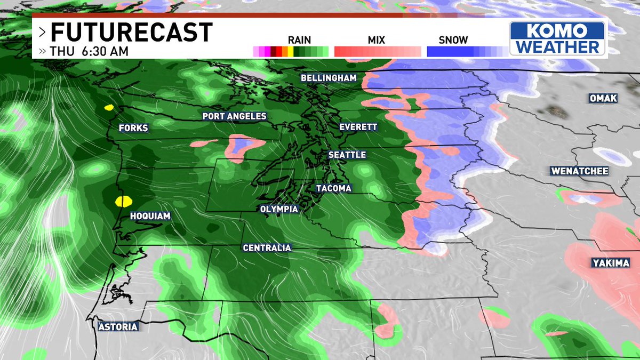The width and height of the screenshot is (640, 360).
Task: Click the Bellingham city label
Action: [x=328, y=78]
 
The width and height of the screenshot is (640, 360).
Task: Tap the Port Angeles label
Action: [x=234, y=116]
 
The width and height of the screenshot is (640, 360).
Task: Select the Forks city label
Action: [x=133, y=128]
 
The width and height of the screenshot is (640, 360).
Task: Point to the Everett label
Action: [x=358, y=127]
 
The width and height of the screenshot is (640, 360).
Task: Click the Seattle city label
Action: [x=347, y=155]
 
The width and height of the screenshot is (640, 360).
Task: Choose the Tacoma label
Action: [x=333, y=188]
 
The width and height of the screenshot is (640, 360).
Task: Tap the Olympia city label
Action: [x=279, y=209]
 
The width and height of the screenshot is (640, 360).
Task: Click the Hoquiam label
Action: [x=150, y=216]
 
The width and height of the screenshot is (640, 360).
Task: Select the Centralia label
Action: [x=267, y=247]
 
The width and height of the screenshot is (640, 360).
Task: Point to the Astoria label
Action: [x=118, y=326]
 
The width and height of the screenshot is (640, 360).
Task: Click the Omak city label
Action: [x=603, y=99]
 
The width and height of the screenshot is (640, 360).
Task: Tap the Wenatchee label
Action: [x=580, y=171]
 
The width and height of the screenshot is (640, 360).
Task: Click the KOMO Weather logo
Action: [x=557, y=38]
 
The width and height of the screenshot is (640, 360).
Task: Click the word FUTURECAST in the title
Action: [x=131, y=33]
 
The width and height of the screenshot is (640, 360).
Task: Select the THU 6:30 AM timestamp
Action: [x=89, y=52]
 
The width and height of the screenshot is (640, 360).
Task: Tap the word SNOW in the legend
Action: [x=453, y=40]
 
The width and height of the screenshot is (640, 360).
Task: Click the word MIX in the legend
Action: [x=376, y=40]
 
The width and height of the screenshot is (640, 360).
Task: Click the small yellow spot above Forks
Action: [x=109, y=107]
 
